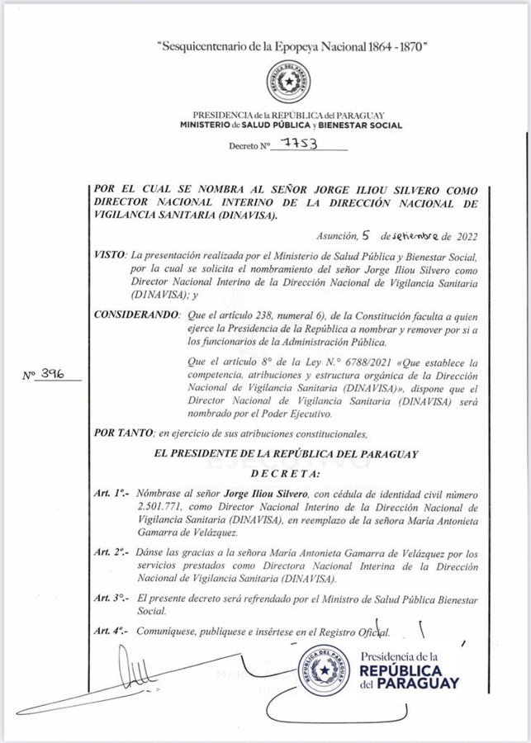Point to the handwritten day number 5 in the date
(x=375, y=234)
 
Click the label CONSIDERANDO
(x=135, y=316)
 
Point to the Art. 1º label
(x=111, y=492)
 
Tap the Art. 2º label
(x=111, y=551)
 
